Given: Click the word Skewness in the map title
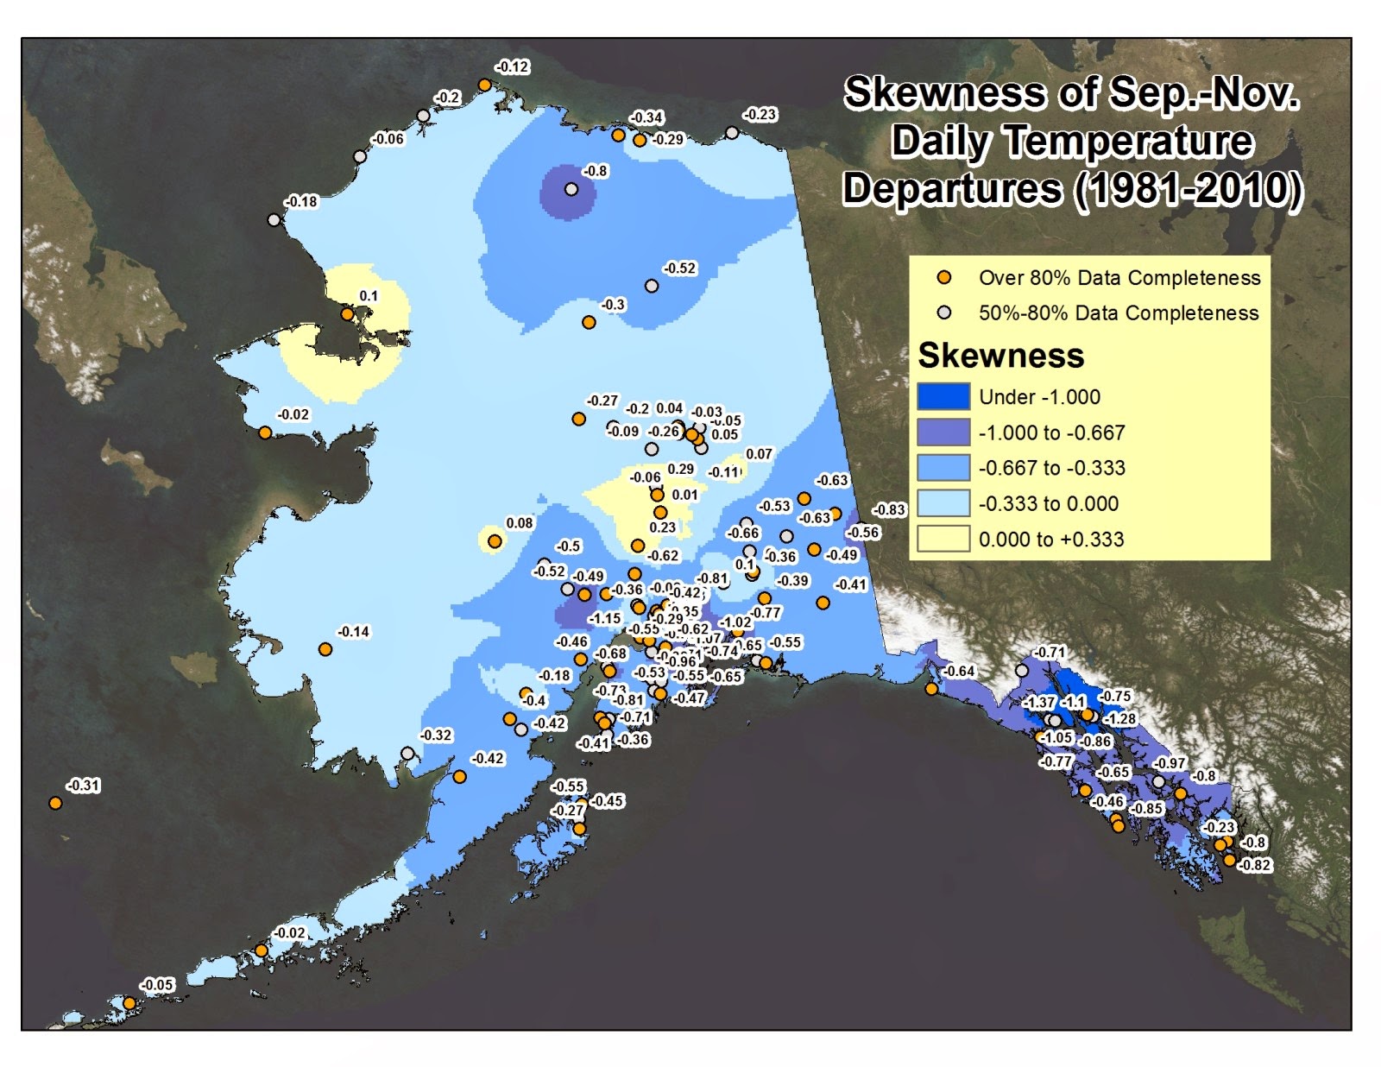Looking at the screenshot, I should [x=946, y=93].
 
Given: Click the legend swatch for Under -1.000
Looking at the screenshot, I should [x=943, y=397].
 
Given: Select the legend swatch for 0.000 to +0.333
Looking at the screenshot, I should [x=943, y=540].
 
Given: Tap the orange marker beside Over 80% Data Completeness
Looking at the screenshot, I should [x=944, y=278].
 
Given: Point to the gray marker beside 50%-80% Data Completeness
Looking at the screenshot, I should [x=944, y=313].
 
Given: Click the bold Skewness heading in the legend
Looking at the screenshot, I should [x=1000, y=356].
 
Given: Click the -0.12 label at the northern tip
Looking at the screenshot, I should [x=512, y=67].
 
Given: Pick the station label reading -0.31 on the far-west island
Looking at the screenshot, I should [x=84, y=786].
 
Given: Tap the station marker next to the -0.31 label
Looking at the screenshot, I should [x=55, y=803].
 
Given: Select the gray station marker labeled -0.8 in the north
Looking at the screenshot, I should [x=571, y=189].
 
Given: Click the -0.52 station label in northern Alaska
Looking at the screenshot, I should [x=679, y=268].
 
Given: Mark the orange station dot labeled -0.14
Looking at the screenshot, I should [x=325, y=649].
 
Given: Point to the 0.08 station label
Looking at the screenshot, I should [x=520, y=523].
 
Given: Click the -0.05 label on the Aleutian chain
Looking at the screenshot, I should [x=157, y=985].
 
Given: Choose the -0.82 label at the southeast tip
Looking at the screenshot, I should [x=1254, y=865].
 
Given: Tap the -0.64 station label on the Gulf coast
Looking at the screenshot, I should [x=958, y=672].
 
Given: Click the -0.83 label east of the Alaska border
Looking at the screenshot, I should [x=889, y=510].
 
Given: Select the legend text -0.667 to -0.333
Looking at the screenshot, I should [x=1051, y=468].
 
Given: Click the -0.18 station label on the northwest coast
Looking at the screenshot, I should [x=302, y=202].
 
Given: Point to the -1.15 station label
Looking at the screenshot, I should [x=604, y=619].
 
